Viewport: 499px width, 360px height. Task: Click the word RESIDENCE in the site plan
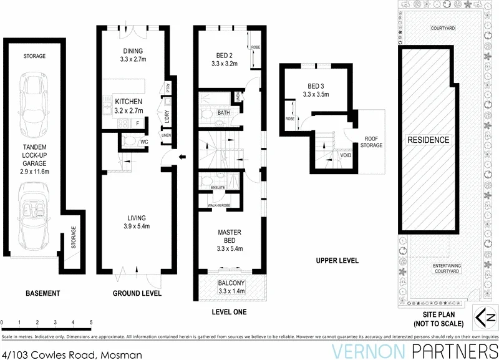(429, 140)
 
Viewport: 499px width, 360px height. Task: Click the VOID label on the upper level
(345, 155)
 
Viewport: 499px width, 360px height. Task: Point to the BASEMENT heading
(42, 293)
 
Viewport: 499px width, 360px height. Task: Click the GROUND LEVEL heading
(137, 293)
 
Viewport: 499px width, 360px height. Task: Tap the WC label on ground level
(144, 142)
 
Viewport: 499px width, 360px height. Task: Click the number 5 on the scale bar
(91, 323)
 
